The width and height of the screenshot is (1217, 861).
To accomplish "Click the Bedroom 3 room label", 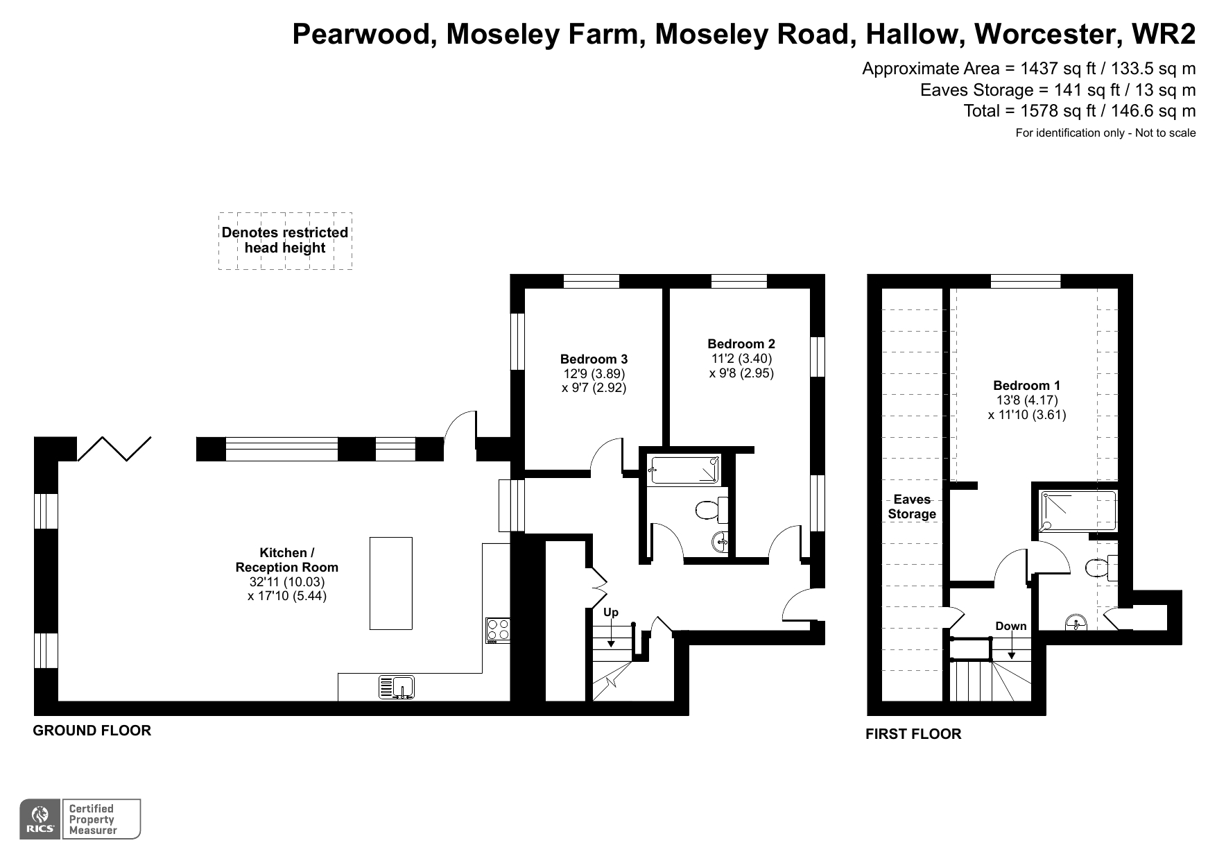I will click(594, 359).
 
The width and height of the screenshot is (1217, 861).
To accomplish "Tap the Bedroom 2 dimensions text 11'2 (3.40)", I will click(741, 359).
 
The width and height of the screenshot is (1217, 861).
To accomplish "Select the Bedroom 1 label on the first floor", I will click(1026, 386).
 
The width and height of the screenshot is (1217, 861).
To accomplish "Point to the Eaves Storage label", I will click(912, 506).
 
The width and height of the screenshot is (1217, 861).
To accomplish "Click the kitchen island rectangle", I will click(390, 583).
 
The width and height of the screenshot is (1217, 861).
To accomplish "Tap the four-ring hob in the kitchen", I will click(498, 630).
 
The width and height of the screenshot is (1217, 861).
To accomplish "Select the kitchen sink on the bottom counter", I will click(397, 687).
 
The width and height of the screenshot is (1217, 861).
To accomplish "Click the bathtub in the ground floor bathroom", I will click(684, 470).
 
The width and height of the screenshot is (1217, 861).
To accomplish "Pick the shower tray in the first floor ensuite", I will click(1078, 511).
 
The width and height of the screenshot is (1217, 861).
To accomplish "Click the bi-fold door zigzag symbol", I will click(114, 448).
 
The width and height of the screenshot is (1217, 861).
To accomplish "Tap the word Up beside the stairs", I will click(610, 612).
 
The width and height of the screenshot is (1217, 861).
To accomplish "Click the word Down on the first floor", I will click(1010, 626).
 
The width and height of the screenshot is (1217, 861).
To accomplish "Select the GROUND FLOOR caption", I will click(92, 731).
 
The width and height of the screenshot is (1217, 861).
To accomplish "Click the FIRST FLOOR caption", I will click(913, 734).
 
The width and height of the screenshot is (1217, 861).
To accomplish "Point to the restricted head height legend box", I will click(285, 241).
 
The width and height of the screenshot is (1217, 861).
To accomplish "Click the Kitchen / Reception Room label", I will click(286, 560).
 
